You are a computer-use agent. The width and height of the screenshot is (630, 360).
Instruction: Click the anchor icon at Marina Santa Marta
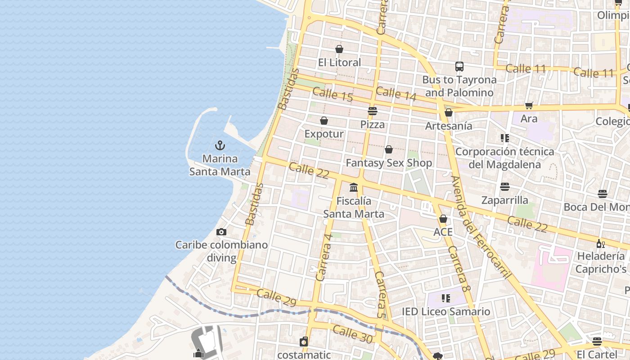click(x=220, y=145)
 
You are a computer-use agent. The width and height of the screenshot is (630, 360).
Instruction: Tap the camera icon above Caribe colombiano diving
click(x=221, y=232)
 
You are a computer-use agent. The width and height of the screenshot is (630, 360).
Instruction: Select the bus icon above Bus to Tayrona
click(x=459, y=67)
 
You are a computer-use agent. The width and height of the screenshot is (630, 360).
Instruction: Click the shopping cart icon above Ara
click(x=529, y=106)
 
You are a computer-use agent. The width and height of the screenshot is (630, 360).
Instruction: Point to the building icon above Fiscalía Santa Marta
click(x=354, y=187)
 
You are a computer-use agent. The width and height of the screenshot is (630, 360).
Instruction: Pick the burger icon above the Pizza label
click(x=372, y=111)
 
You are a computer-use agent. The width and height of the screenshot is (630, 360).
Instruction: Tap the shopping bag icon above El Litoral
click(x=339, y=49)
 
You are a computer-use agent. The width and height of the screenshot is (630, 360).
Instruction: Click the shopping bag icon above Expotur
click(x=324, y=121)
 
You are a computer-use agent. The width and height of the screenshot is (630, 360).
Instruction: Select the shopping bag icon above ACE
click(x=443, y=219)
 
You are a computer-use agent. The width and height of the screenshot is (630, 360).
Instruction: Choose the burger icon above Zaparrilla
click(x=504, y=186)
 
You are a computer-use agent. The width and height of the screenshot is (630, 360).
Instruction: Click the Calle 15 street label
click(x=333, y=94)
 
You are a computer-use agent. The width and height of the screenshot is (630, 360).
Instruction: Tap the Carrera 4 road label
click(x=324, y=257)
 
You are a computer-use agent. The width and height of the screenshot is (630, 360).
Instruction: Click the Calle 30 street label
click(x=353, y=335)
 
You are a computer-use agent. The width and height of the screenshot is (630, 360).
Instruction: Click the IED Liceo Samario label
click(x=445, y=311)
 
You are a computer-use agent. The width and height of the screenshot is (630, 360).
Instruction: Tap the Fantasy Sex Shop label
click(x=389, y=163)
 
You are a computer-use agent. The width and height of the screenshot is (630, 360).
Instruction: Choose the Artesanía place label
click(x=449, y=126)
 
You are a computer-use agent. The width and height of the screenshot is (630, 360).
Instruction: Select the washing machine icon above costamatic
click(x=304, y=342)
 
